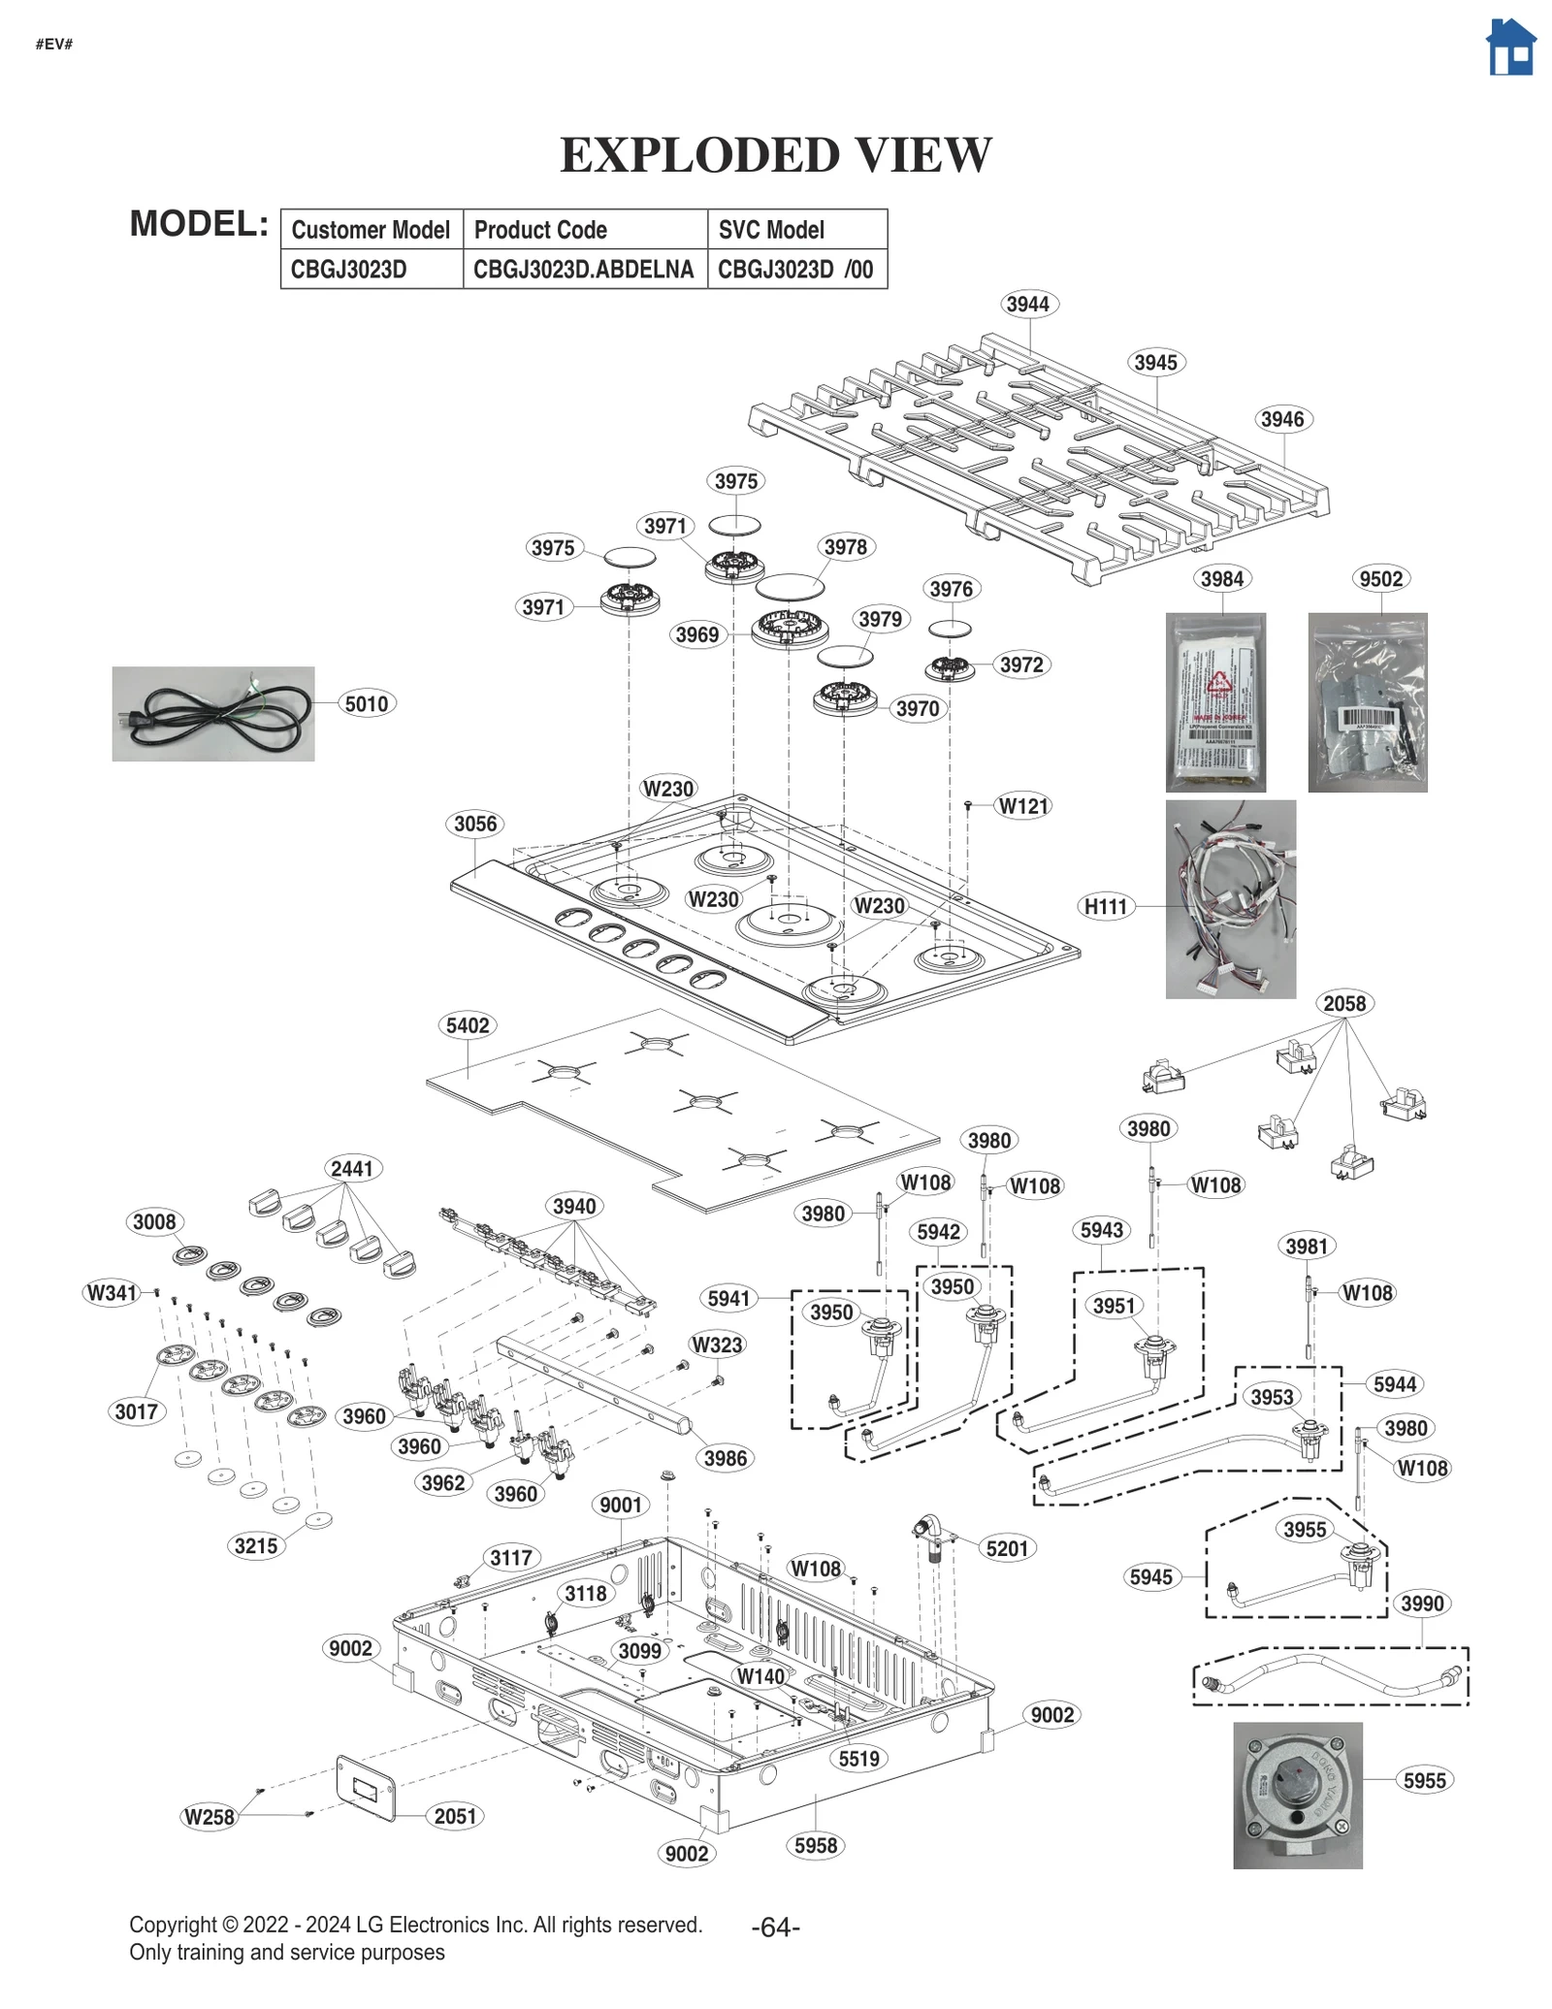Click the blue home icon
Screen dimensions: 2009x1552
(x=1510, y=48)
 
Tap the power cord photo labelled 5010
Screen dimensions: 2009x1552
(x=212, y=713)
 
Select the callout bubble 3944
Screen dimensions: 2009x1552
(x=1026, y=305)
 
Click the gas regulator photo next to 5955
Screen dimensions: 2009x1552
(x=1297, y=1795)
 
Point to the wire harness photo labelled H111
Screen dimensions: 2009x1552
(x=1229, y=898)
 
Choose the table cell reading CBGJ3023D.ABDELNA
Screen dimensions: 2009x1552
(x=583, y=270)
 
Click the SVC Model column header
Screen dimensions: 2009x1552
(x=771, y=230)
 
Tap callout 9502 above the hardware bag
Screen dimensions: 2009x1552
(x=1379, y=579)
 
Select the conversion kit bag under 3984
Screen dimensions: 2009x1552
(x=1214, y=702)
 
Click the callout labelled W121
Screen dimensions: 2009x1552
(x=1023, y=806)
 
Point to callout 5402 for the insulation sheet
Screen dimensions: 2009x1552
(x=468, y=1025)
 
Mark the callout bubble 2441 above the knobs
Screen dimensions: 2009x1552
(x=351, y=1168)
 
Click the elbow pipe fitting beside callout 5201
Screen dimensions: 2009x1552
(x=928, y=1536)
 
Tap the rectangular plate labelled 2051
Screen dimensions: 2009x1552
(x=366, y=1789)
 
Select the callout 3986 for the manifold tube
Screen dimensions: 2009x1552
(x=725, y=1458)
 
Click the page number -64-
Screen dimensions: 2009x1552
(x=775, y=1928)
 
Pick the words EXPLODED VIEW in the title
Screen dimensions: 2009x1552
(x=775, y=155)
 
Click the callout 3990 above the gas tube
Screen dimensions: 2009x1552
(x=1421, y=1604)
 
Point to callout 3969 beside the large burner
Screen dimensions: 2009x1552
(x=696, y=635)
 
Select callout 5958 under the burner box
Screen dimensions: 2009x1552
(x=815, y=1845)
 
